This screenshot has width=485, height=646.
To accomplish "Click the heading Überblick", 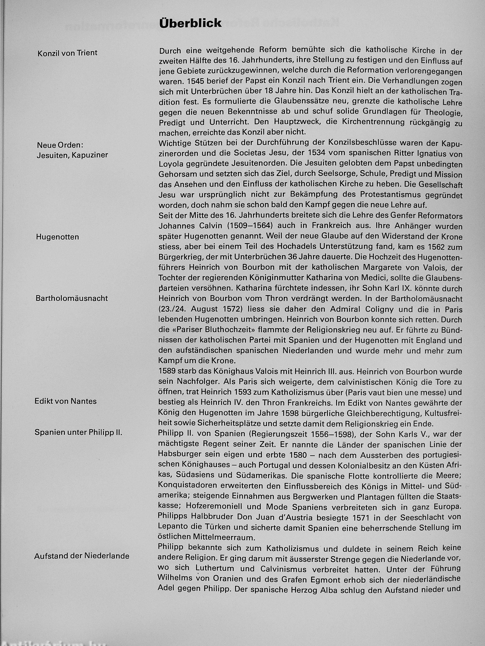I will tap(190, 23).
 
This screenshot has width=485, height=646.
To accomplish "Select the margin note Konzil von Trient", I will tap(67, 53).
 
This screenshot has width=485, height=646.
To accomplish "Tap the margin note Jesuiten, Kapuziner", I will tap(72, 155).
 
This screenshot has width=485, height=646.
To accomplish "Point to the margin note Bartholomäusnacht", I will tap(72, 298).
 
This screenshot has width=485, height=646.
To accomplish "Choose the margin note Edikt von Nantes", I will tap(65, 401).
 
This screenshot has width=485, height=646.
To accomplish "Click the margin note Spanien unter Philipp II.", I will tap(78, 432).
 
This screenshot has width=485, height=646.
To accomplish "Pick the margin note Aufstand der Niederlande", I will tap(82, 556).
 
